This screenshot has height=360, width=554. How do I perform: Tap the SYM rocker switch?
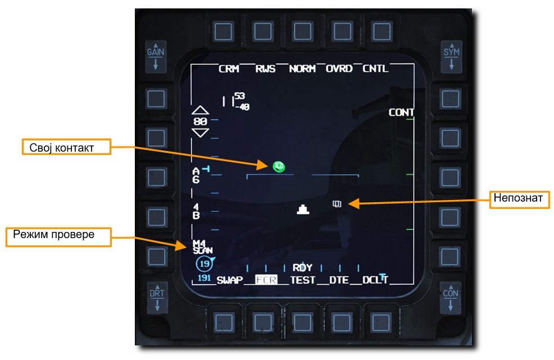(451, 56)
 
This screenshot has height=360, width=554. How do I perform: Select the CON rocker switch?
(451, 298)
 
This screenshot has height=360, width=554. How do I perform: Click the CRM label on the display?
(229, 69)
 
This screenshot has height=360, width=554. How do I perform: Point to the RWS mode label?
(266, 69)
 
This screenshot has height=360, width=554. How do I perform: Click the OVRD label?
(339, 69)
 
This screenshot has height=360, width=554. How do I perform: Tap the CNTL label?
(375, 69)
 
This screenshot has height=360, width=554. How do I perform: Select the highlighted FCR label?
(266, 280)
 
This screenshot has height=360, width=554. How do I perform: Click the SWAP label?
(229, 280)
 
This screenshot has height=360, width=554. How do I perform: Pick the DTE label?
(339, 280)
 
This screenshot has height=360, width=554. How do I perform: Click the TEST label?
(303, 280)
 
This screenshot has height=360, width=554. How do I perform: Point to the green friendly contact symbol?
(279, 166)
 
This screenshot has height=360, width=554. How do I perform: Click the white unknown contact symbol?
(337, 204)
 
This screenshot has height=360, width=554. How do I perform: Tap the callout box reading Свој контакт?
(66, 147)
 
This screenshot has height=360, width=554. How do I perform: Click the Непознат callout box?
(519, 199)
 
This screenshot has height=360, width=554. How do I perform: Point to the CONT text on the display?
(401, 112)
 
